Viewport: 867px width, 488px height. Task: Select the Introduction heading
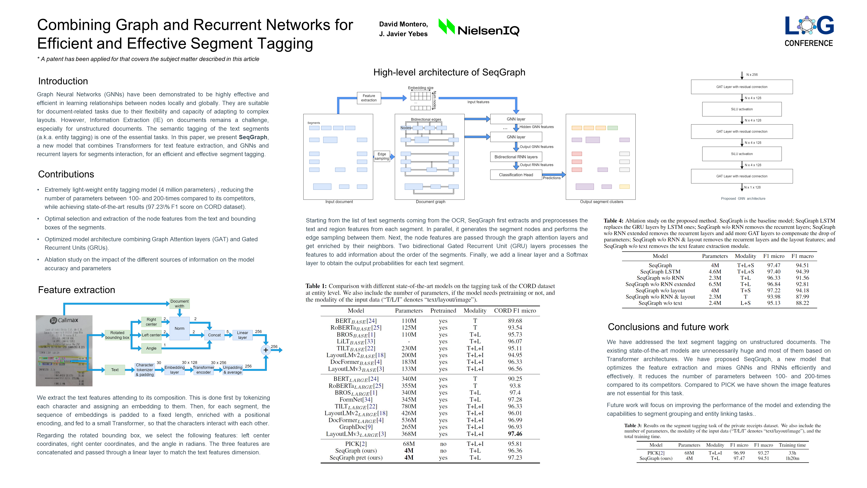tap(63, 81)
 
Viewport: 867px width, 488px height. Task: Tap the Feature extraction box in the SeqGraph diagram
tap(369, 98)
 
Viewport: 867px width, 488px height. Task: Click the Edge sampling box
tap(382, 156)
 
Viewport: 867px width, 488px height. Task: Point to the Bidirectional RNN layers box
tap(516, 157)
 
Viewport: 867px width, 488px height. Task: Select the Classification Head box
tap(516, 175)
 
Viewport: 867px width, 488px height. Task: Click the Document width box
tap(179, 304)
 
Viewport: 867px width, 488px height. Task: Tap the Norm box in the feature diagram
tap(179, 328)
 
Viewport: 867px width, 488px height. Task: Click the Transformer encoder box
tap(203, 370)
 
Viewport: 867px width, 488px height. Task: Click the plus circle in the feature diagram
tap(266, 350)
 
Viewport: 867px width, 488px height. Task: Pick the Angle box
tap(151, 348)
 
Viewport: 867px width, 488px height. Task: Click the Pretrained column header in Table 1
tap(443, 311)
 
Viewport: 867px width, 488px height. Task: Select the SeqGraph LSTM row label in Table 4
tap(660, 272)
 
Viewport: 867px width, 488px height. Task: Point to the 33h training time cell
tap(792, 453)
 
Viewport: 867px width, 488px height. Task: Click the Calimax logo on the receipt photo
tap(64, 320)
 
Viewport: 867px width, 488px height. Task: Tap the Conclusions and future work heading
tap(668, 327)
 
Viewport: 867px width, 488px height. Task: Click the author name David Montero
tap(403, 24)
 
